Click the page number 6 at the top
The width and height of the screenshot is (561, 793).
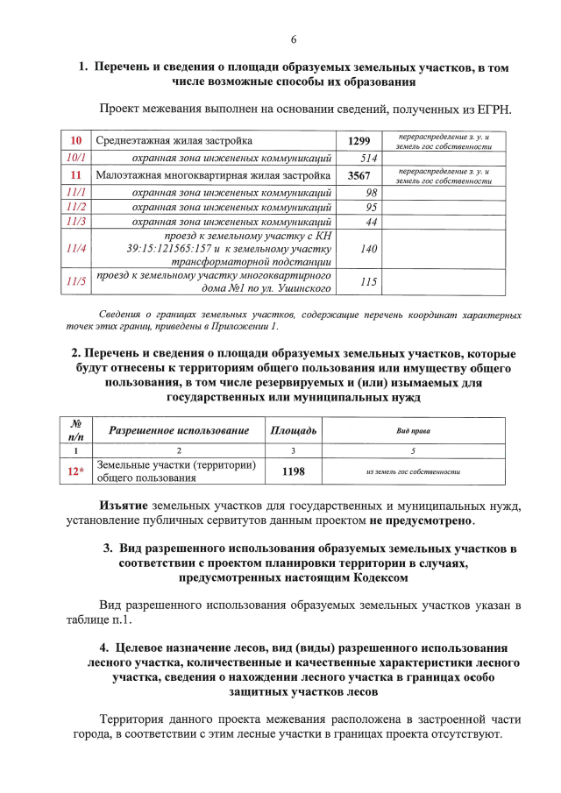(x=294, y=39)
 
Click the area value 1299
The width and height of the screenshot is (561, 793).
(x=359, y=141)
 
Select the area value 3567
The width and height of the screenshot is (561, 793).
(x=359, y=175)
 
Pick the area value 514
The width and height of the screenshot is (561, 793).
(x=368, y=159)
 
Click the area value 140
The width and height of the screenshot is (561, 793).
(x=369, y=249)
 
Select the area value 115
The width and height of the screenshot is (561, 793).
(x=368, y=282)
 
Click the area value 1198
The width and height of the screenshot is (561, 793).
(x=293, y=471)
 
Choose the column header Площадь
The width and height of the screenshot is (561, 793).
(x=293, y=430)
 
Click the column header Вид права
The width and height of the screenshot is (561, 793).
(x=412, y=431)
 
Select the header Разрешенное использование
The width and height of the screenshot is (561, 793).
(x=179, y=430)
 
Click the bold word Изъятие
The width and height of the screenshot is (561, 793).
(x=124, y=506)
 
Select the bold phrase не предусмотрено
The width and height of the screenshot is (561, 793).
(x=420, y=521)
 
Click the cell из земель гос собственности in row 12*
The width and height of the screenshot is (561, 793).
(x=412, y=472)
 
